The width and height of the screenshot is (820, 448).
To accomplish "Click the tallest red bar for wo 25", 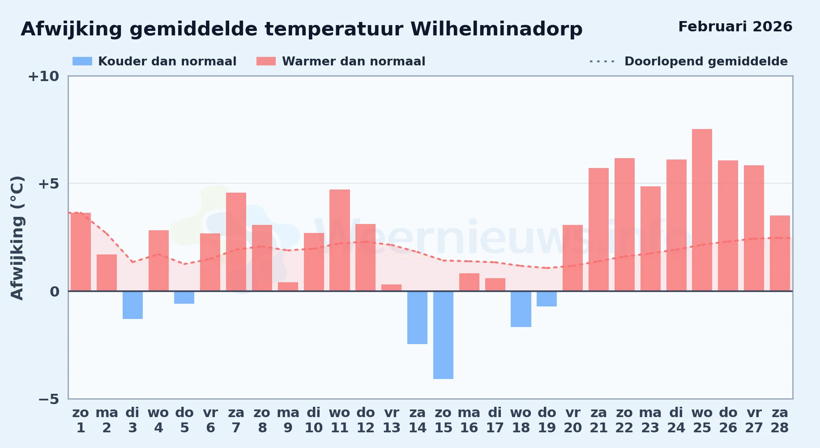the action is tap(702, 210).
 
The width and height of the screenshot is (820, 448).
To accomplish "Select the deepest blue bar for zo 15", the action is tap(443, 335).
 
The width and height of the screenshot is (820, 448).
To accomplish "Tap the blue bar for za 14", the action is tap(417, 318).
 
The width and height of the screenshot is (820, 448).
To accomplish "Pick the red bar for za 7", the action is tap(236, 242).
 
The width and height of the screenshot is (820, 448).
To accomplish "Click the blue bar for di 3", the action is tap(132, 305).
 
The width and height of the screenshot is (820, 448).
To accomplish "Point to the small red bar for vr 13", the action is tap(391, 288).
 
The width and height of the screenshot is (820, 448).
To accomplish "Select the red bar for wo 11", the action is tap(340, 240).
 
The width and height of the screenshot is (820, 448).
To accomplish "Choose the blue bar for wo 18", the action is tap(521, 309).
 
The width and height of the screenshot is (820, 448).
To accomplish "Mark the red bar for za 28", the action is tap(780, 253).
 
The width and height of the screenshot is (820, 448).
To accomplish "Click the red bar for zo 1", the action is tap(81, 252).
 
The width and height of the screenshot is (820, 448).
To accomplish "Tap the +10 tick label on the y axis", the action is tap(43, 76).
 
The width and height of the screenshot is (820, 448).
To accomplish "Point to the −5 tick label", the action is tap(49, 399).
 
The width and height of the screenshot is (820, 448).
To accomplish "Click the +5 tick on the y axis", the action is tap(49, 184).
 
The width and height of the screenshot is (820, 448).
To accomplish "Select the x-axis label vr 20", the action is tap(573, 420).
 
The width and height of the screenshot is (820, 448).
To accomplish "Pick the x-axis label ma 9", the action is tap(288, 420).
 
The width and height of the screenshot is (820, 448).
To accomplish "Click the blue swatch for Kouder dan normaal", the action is tap(82, 61).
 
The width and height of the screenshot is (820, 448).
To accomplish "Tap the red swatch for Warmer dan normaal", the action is tap(266, 61).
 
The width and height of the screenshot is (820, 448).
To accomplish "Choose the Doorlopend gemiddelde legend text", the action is tap(706, 61).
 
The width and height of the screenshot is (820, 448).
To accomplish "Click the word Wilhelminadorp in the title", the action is tap(496, 30).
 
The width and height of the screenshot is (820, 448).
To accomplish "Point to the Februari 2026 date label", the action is tap(735, 26).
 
